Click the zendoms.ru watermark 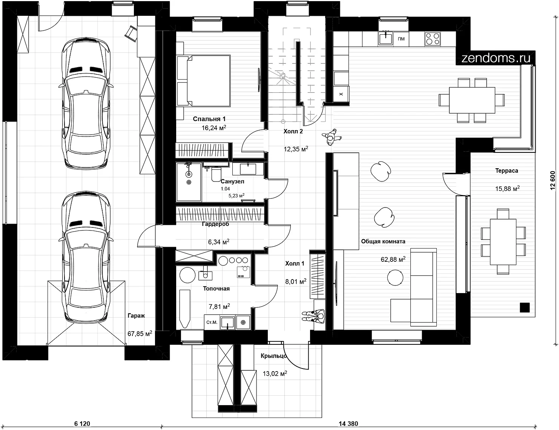[x=496, y=58]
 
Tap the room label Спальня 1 [x=209, y=119]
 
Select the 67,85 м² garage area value [x=140, y=333]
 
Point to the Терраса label [x=507, y=170]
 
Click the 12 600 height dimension [x=553, y=180]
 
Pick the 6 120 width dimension [x=82, y=424]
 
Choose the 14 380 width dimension [x=348, y=424]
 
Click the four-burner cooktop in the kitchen [x=432, y=39]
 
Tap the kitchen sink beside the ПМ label [x=385, y=38]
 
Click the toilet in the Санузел [x=216, y=174]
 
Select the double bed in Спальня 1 [x=204, y=81]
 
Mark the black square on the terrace [x=525, y=307]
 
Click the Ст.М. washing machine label [x=212, y=322]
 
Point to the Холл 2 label [x=293, y=131]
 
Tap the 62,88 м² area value [x=393, y=259]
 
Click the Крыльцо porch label [x=274, y=356]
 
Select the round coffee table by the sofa [x=395, y=278]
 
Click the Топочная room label [x=217, y=289]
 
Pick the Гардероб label [x=216, y=224]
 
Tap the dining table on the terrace [x=503, y=242]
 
